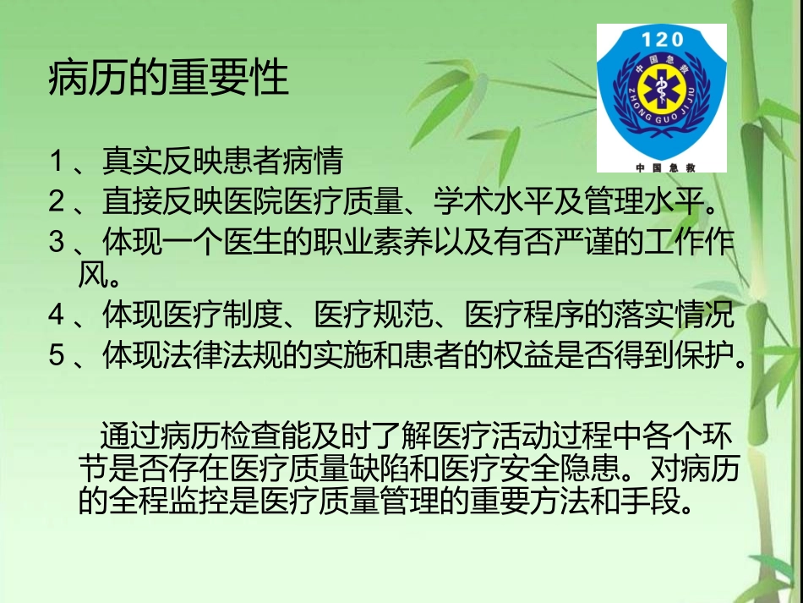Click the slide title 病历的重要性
point(169,79)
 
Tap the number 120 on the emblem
point(662,39)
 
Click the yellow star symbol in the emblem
point(662,90)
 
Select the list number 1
point(57,159)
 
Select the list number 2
point(57,201)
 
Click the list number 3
point(57,242)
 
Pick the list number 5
point(57,355)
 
